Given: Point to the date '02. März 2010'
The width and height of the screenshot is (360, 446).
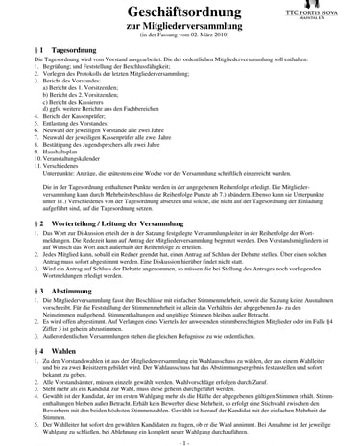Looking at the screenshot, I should coord(197,40).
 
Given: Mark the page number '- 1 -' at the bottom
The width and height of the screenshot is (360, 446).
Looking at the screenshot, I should coord(180,440).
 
